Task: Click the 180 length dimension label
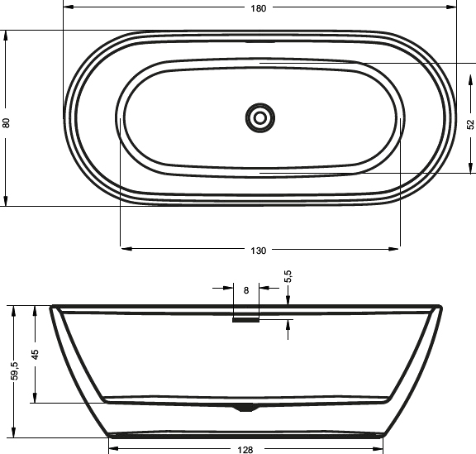[x=259, y=8]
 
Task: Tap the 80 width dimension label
[x=7, y=122]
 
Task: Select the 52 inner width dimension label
[x=470, y=124]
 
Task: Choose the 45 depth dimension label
[x=36, y=354]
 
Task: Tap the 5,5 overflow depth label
[x=288, y=276]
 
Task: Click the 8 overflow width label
[x=246, y=289]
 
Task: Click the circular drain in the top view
[x=259, y=117]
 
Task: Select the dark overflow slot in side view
[x=246, y=322]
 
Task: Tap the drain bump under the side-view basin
[x=245, y=407]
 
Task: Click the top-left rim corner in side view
[x=54, y=308]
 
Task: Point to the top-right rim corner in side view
[x=439, y=308]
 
